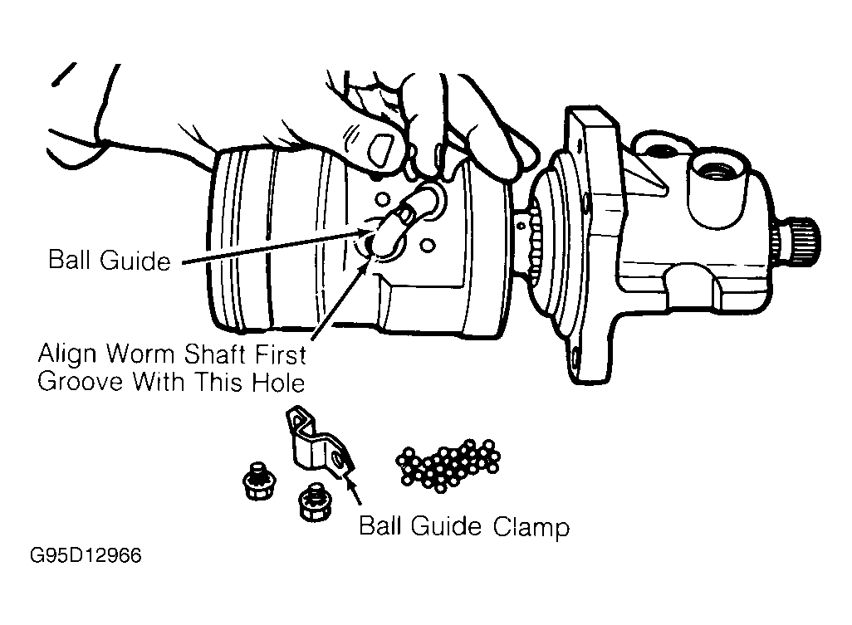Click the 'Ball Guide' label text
110,260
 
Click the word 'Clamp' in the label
531,527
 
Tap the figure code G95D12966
86,556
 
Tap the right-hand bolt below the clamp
316,502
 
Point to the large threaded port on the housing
716,173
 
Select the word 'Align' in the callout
67,355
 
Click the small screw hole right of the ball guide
428,246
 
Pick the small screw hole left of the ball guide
382,199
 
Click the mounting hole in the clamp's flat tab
339,461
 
